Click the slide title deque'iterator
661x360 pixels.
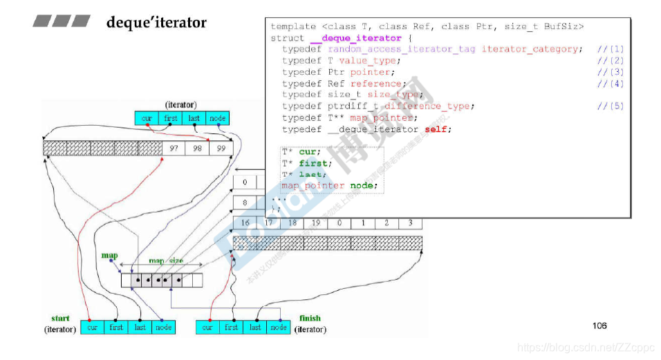click(x=156, y=23)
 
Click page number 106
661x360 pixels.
click(x=599, y=325)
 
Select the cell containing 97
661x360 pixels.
click(x=173, y=149)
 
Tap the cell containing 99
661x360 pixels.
click(x=221, y=149)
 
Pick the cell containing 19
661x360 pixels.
click(x=315, y=223)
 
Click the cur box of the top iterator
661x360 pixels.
click(x=147, y=118)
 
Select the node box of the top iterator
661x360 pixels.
click(x=217, y=118)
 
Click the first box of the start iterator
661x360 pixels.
click(x=116, y=327)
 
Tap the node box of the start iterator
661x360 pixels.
click(x=164, y=327)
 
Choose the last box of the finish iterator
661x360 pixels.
click(x=255, y=327)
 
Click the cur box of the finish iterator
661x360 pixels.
click(x=207, y=327)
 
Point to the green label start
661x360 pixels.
click(x=60, y=319)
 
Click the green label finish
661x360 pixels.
click(x=310, y=319)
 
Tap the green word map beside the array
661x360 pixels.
click(x=109, y=256)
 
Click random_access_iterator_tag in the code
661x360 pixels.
click(x=401, y=49)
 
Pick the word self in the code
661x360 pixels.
click(x=440, y=129)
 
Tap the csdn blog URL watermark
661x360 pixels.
click(x=586, y=348)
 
